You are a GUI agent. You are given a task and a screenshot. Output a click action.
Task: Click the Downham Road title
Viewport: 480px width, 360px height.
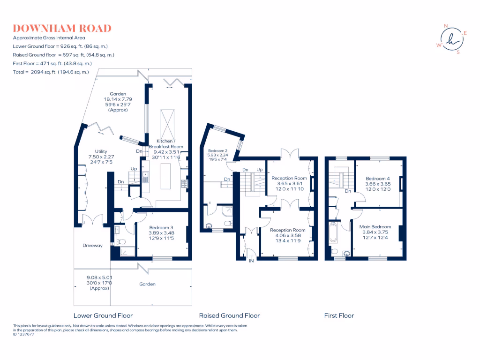pos(62,29)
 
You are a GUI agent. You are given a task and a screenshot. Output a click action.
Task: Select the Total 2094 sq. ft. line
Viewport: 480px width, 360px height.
pos(51,72)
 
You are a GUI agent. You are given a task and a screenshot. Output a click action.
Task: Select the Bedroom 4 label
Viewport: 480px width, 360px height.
pos(377,179)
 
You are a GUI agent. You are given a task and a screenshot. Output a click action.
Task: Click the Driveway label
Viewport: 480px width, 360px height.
pos(92,246)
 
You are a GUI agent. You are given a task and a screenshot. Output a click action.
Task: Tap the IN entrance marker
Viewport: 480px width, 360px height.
pos(251,261)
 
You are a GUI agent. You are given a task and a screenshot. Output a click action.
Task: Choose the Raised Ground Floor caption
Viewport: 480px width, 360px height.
pos(229,315)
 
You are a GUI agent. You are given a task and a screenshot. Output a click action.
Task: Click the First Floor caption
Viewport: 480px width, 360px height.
pos(339,315)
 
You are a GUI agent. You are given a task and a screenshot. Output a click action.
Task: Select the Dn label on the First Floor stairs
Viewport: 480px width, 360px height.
pos(348,191)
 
